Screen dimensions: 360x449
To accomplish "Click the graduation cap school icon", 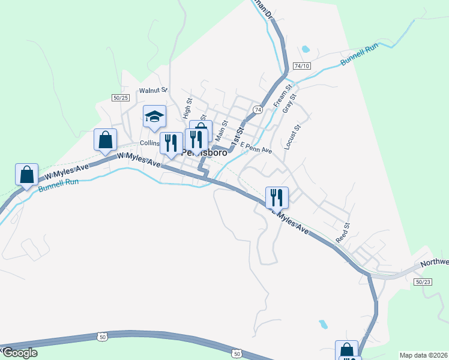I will click(154, 116).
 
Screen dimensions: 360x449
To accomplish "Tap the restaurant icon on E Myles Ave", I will click(277, 197).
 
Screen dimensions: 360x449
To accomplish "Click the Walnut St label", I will click(153, 91).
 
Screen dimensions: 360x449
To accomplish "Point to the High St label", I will click(187, 109).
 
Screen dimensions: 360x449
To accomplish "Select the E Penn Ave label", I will click(256, 148).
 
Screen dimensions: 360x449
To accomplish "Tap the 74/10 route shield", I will click(302, 65).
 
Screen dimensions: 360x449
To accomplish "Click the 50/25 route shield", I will click(120, 97).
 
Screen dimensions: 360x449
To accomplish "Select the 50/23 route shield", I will click(422, 282).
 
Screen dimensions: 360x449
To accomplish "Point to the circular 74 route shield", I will click(258, 110).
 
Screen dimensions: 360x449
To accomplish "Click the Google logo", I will click(20, 353).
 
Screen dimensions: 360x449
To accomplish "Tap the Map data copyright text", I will click(423, 355).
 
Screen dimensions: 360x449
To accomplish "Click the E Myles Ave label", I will click(289, 221).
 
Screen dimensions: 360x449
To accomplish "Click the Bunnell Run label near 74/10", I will click(358, 55).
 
